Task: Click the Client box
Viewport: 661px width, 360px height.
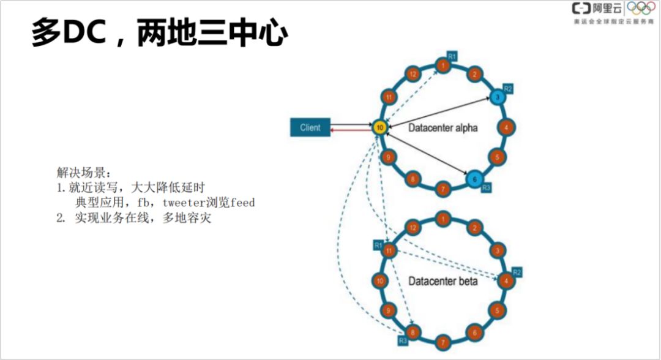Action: pos(310,127)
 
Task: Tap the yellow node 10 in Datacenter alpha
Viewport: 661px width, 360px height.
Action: pos(380,128)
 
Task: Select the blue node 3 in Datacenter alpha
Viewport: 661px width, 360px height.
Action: pos(498,97)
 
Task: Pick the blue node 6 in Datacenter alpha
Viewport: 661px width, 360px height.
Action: pos(473,179)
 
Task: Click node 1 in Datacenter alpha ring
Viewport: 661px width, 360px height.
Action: pos(443,65)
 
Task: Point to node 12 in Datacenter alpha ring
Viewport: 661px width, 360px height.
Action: pos(413,75)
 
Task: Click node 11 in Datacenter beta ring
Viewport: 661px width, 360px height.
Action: pos(387,250)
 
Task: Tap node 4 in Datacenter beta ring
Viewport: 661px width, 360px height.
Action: pos(506,281)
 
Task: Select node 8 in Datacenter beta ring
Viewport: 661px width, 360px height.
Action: pos(413,333)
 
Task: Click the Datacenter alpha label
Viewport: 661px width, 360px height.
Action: pos(443,127)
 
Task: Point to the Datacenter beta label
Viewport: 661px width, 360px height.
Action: pos(443,281)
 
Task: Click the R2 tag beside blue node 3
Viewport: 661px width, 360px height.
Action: pos(508,89)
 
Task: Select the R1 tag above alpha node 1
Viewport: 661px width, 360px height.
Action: pos(452,56)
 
